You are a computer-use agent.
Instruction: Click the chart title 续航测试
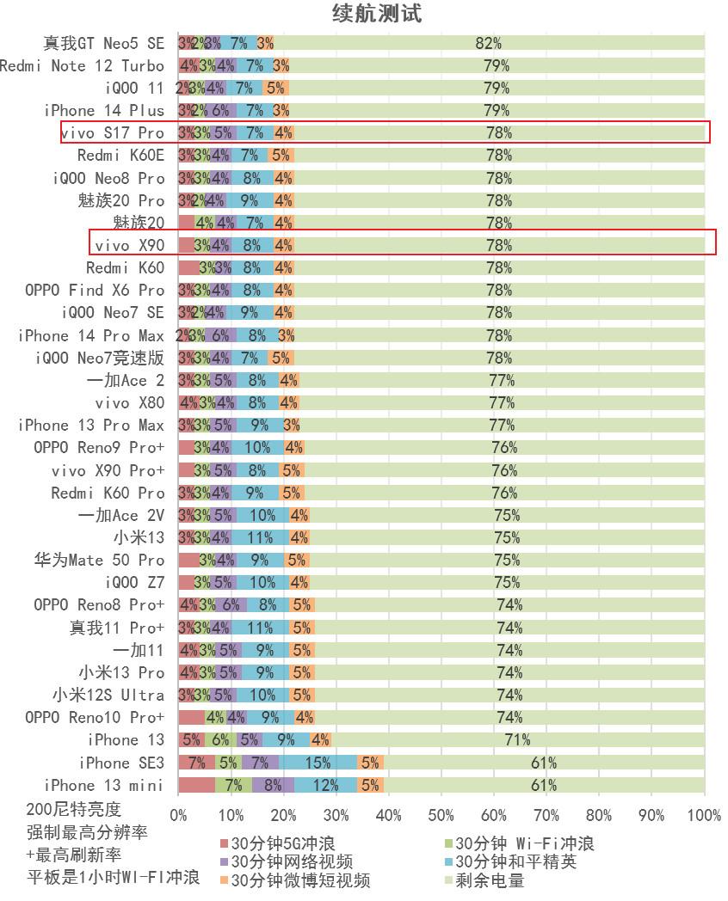tap(377, 14)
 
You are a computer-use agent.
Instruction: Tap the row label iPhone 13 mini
tap(104, 785)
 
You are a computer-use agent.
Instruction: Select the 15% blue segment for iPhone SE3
tap(318, 763)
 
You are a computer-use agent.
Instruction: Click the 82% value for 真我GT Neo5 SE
tap(488, 43)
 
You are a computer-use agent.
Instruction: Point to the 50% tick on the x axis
tap(441, 815)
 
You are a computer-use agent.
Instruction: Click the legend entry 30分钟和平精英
tap(515, 861)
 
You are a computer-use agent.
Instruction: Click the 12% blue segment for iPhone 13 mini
tap(325, 785)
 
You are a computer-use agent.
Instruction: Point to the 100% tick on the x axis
tap(705, 815)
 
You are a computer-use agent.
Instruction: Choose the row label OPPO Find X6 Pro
tap(95, 290)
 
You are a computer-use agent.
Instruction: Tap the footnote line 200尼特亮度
tap(74, 809)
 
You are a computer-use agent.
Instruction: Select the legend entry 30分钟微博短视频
tap(300, 880)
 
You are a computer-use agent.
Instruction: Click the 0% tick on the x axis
tap(178, 815)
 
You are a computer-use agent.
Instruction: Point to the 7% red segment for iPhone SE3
tap(196, 763)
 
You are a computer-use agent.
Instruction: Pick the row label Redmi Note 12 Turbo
tap(82, 65)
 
